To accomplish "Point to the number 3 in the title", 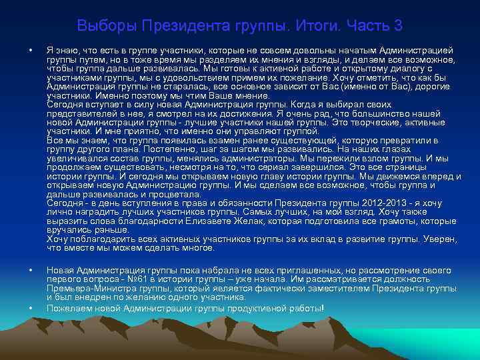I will tap(398, 26).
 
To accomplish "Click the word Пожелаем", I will tap(69, 308).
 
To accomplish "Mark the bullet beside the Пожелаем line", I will tap(31, 309).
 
